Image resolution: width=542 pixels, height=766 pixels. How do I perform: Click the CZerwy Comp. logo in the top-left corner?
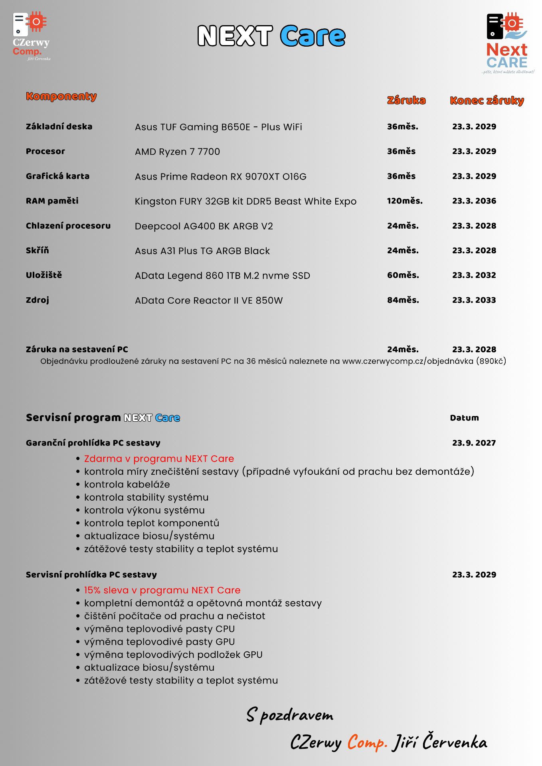[31, 36]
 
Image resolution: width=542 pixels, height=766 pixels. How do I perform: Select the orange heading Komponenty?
[61, 97]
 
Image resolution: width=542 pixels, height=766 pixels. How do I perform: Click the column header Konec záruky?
[487, 101]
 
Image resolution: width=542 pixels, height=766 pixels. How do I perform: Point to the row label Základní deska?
[59, 126]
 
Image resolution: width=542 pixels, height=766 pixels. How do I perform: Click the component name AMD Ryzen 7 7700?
[177, 152]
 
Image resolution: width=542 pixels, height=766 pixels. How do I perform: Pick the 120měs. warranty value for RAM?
[405, 201]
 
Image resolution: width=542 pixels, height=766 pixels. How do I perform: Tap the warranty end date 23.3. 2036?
[474, 201]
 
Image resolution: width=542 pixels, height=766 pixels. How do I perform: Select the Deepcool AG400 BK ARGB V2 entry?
[204, 226]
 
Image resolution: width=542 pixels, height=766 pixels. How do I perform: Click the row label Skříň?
[38, 250]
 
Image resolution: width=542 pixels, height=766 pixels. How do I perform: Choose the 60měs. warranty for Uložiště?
[403, 275]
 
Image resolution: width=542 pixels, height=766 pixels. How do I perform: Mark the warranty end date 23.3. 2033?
[474, 300]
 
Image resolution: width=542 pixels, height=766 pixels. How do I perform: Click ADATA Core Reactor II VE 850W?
[209, 300]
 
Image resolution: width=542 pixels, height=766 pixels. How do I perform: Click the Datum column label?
[464, 418]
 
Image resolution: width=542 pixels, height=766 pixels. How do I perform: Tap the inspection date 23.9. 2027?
[474, 443]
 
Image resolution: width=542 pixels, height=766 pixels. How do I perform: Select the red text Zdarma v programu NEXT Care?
[159, 459]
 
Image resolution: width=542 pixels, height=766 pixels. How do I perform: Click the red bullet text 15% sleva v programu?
[162, 590]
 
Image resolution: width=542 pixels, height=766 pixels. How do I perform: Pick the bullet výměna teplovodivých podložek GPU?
[173, 655]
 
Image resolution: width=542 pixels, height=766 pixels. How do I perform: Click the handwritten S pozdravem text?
[290, 715]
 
